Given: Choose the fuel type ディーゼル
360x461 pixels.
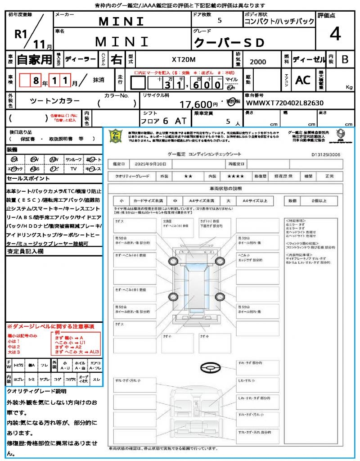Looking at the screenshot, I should click(x=309, y=59).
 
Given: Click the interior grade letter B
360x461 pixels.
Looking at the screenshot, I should click(x=344, y=59).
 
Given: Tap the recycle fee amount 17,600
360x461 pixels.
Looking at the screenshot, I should click(x=196, y=104).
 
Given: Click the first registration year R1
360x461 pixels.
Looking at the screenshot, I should click(x=20, y=35).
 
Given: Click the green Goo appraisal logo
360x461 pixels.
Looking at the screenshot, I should click(x=116, y=136).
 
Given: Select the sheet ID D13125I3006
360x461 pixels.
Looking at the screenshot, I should click(x=325, y=154).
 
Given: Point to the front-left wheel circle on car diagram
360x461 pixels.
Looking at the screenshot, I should click(x=174, y=261).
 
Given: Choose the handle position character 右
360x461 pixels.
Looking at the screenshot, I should click(x=117, y=59).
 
